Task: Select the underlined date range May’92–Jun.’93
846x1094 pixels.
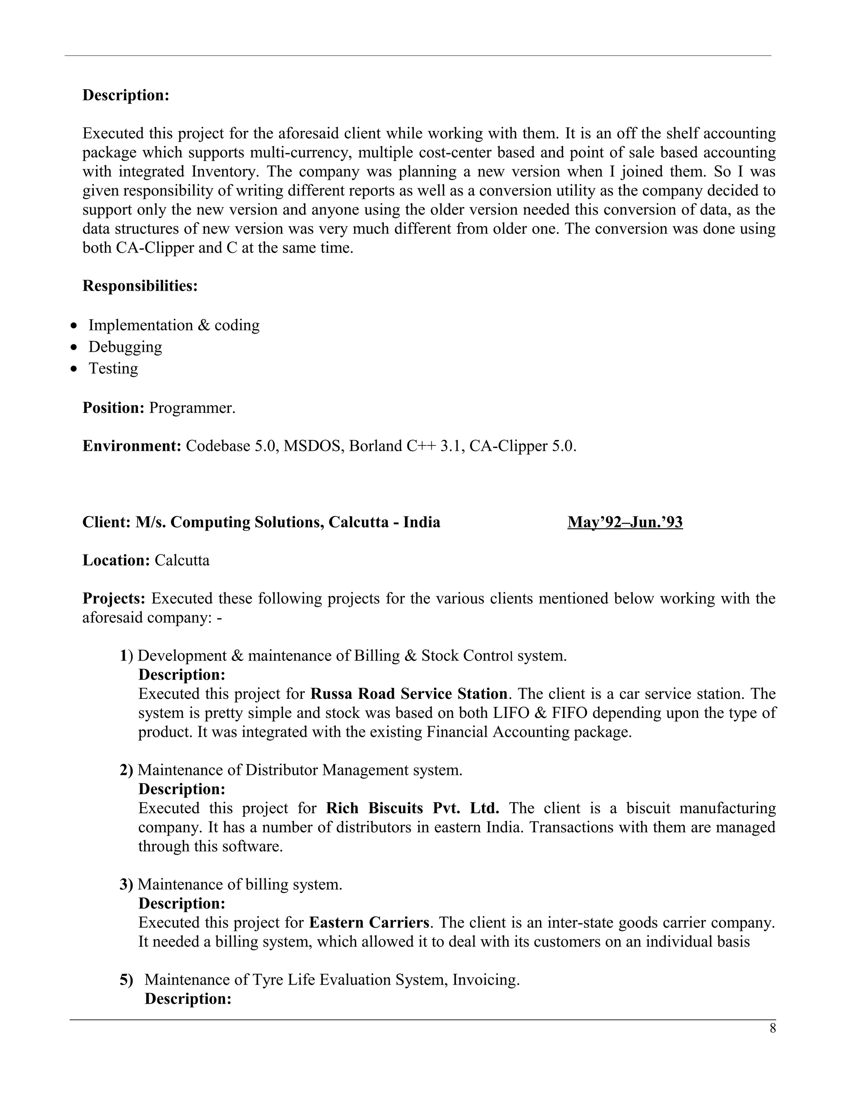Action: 625,523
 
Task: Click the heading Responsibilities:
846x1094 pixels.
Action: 140,286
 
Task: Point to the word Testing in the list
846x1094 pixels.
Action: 113,369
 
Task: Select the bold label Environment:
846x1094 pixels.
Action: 131,446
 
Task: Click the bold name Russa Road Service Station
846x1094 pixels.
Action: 409,694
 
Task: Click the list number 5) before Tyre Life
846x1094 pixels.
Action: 126,980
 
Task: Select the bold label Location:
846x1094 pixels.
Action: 116,561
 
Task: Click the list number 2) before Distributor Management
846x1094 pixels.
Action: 126,770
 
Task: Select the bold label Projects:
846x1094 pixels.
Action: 114,599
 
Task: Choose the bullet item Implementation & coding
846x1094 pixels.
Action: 174,326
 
